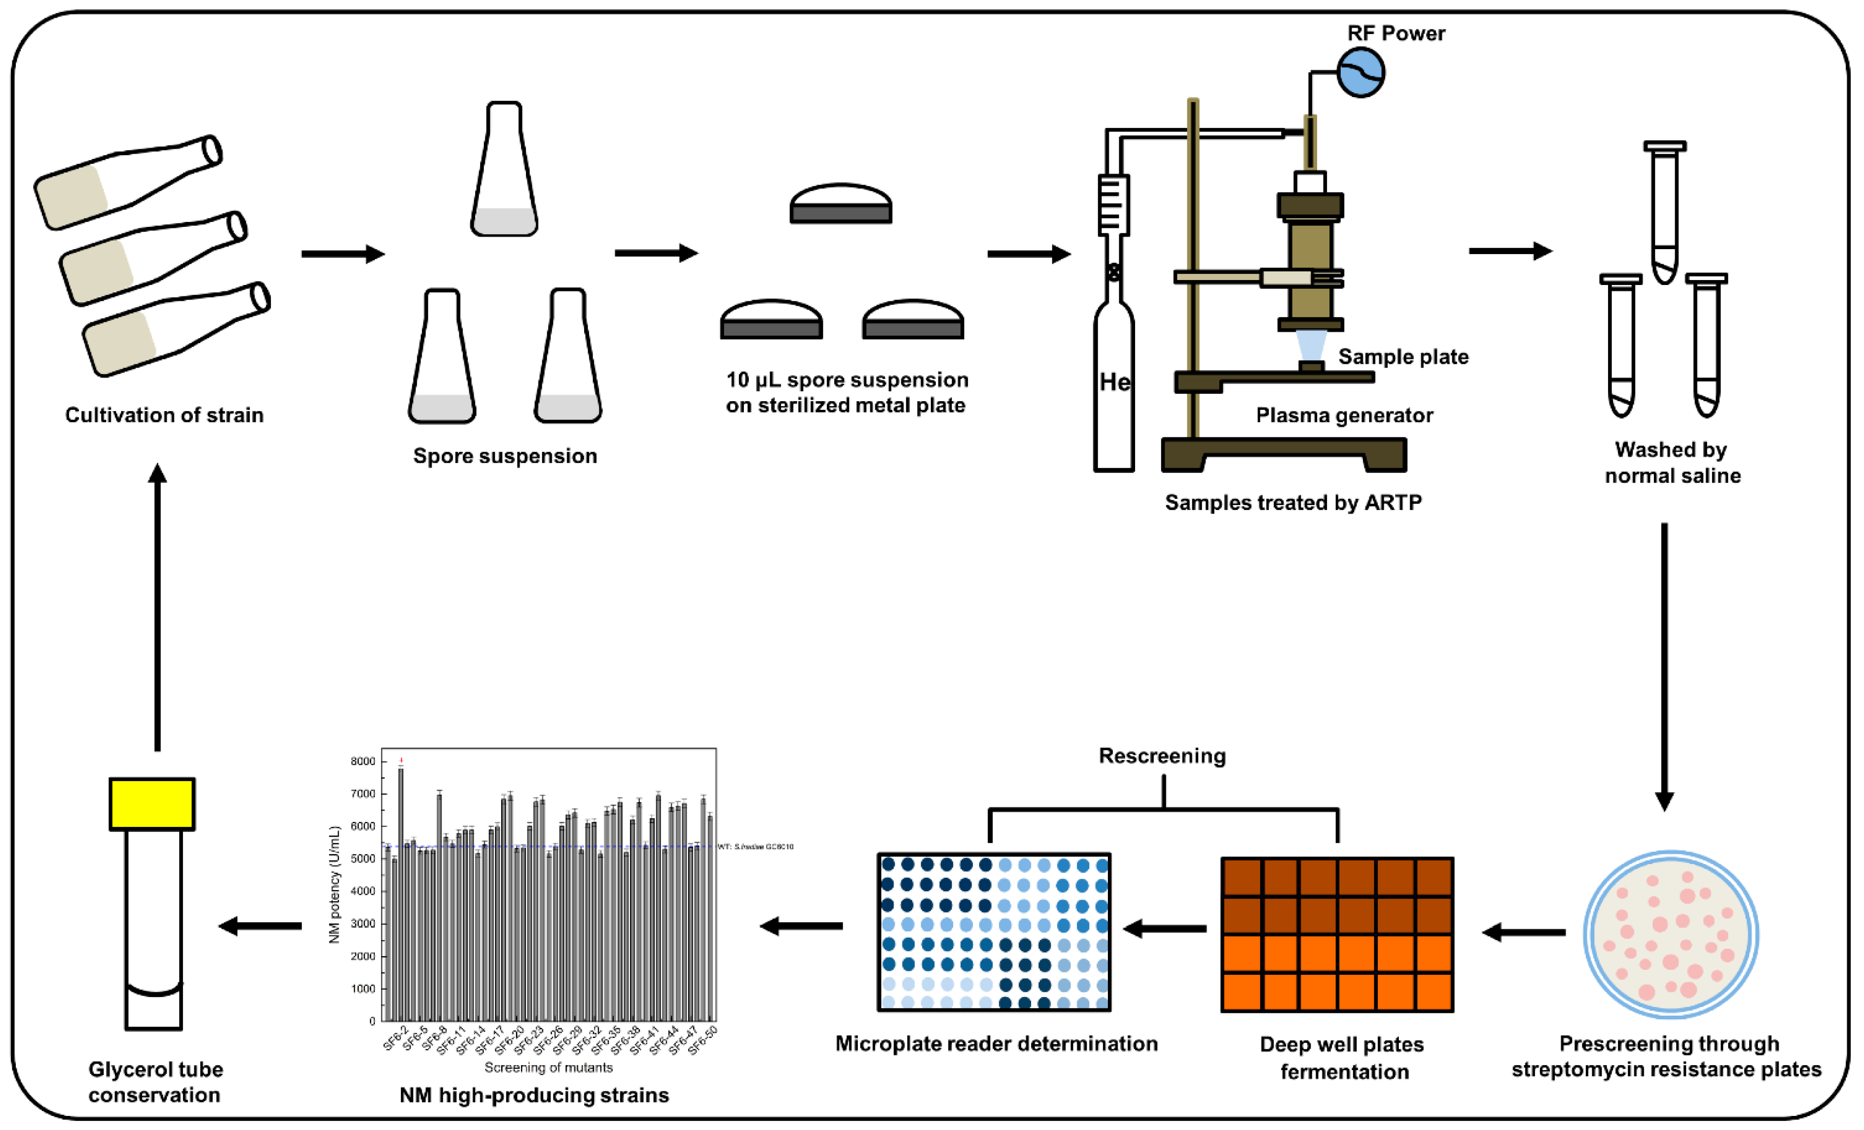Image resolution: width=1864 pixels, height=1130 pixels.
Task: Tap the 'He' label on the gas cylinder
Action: click(1114, 382)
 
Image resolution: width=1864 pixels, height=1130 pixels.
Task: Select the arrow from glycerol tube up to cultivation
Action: click(157, 605)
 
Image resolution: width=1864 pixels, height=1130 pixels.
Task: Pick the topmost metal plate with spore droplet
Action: click(841, 204)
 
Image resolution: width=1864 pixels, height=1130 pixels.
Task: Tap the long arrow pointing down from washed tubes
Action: click(1664, 666)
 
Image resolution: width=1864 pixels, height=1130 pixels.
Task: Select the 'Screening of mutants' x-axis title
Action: click(548, 1067)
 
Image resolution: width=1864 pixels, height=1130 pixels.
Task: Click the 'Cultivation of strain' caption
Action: click(164, 415)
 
